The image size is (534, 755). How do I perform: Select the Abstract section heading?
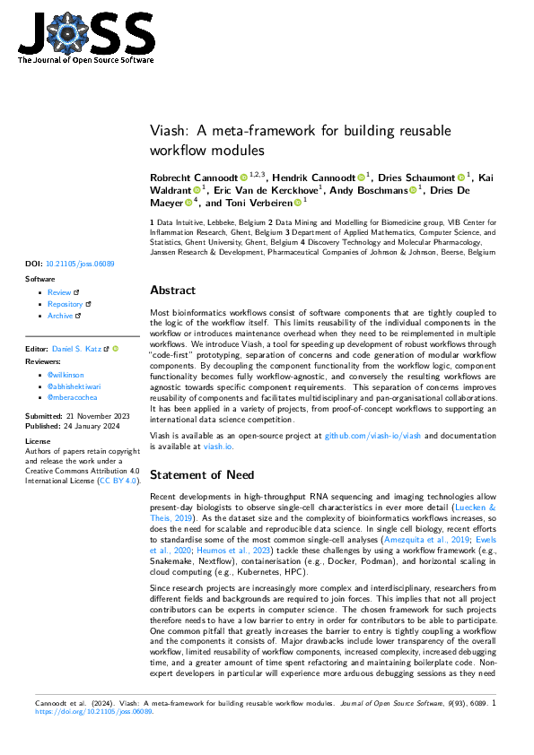pyautogui.click(x=172, y=291)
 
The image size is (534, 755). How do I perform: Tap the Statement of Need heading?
pyautogui.click(x=204, y=475)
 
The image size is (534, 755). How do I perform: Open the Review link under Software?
pyautogui.click(x=59, y=292)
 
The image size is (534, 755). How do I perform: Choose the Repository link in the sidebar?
pyautogui.click(x=66, y=304)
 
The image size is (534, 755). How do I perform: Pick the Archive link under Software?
pyautogui.click(x=61, y=316)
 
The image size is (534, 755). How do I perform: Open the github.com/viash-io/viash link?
pyautogui.click(x=372, y=435)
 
